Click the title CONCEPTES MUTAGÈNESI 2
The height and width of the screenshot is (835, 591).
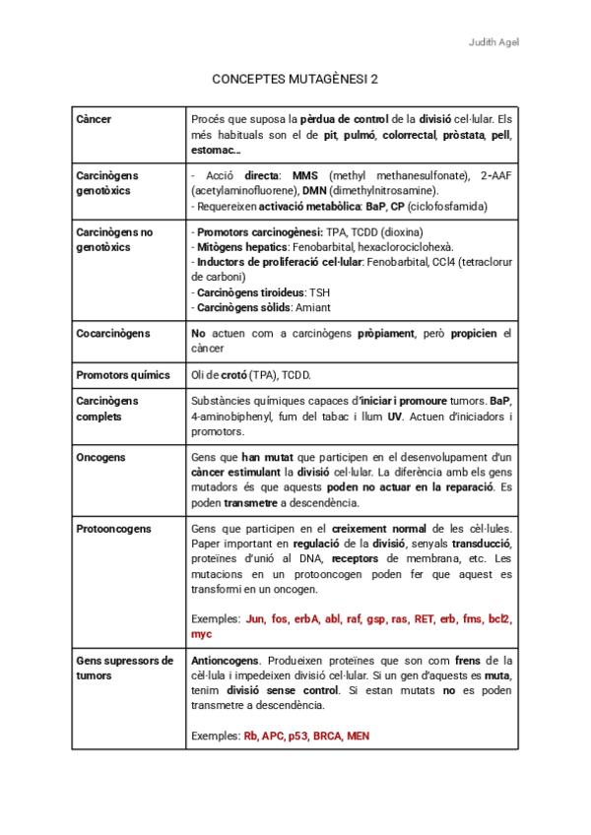[295, 79]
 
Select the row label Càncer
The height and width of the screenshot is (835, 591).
[94, 119]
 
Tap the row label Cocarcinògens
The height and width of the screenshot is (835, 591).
[113, 334]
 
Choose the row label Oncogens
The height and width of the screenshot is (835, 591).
[100, 458]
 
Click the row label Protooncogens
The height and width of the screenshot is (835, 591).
[113, 529]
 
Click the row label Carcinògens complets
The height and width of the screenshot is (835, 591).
[107, 409]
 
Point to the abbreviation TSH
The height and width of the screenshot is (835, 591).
[320, 292]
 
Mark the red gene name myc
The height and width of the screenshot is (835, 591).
[201, 634]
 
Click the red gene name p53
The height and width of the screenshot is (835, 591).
[298, 736]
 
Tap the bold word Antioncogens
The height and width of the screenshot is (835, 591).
[224, 660]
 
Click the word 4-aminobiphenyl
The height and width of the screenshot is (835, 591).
[228, 417]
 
